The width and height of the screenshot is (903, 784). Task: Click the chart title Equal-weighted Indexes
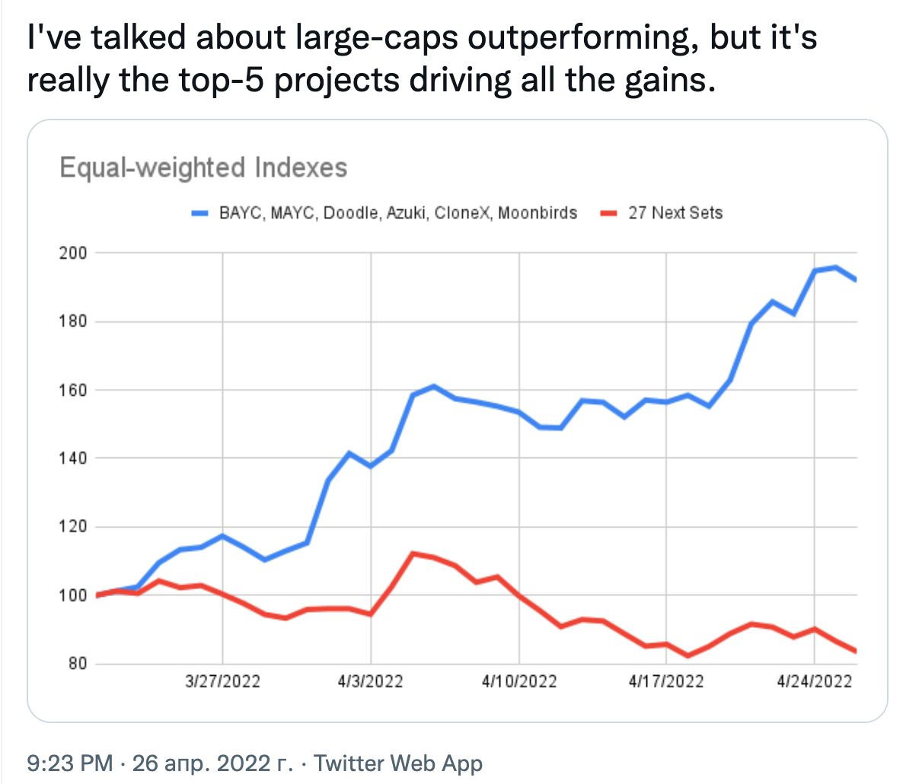click(x=203, y=167)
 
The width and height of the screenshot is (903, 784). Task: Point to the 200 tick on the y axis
click(x=73, y=253)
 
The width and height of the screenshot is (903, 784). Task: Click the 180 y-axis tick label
click(x=73, y=321)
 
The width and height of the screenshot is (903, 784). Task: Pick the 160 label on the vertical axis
click(x=73, y=390)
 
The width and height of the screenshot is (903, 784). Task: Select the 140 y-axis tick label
click(x=73, y=458)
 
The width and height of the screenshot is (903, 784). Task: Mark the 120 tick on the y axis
click(x=73, y=527)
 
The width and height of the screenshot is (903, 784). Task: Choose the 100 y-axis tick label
click(x=73, y=595)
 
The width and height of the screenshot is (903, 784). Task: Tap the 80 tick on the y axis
click(x=78, y=664)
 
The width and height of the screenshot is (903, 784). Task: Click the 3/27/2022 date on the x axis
click(x=222, y=680)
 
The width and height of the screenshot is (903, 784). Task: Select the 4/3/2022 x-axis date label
click(x=371, y=680)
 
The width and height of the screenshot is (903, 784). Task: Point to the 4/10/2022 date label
click(x=519, y=680)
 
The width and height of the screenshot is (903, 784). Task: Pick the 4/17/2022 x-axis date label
click(x=666, y=680)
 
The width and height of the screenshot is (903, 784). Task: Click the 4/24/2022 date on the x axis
click(x=814, y=680)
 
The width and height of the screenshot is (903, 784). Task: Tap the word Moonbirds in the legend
click(x=538, y=213)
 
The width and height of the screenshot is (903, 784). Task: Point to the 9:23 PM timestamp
click(x=69, y=763)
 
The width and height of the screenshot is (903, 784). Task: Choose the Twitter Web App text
click(x=398, y=763)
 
